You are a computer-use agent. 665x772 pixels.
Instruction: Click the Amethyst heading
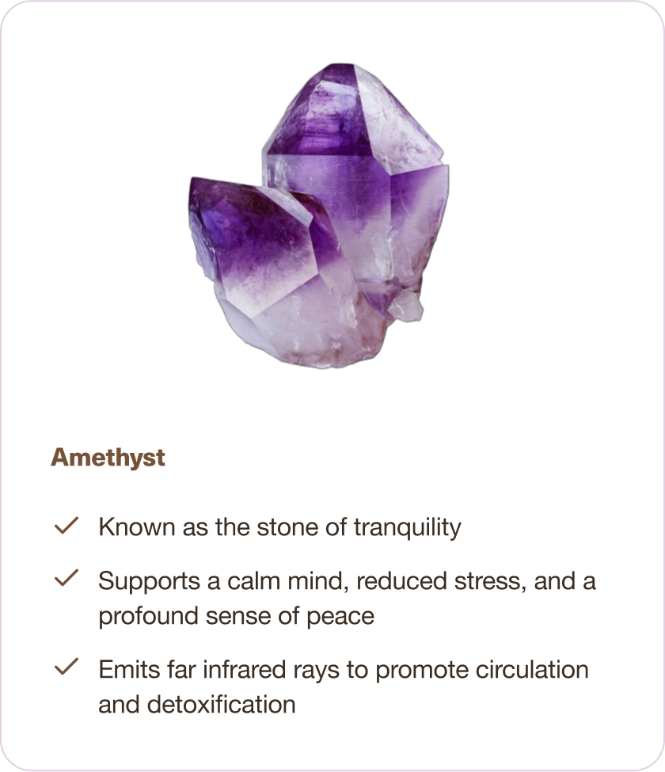pyautogui.click(x=108, y=458)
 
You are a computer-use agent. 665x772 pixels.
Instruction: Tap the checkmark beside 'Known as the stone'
pyautogui.click(x=66, y=525)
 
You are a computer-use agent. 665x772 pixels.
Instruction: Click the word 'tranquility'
pyautogui.click(x=408, y=528)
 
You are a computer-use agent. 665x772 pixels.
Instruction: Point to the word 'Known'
pyautogui.click(x=137, y=527)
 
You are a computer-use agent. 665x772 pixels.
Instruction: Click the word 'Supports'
pyautogui.click(x=149, y=582)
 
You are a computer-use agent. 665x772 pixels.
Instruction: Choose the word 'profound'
pyautogui.click(x=148, y=617)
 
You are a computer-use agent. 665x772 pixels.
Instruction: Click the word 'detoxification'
pyautogui.click(x=222, y=704)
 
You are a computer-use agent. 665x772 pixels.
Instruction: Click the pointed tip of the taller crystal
pyautogui.click(x=340, y=65)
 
